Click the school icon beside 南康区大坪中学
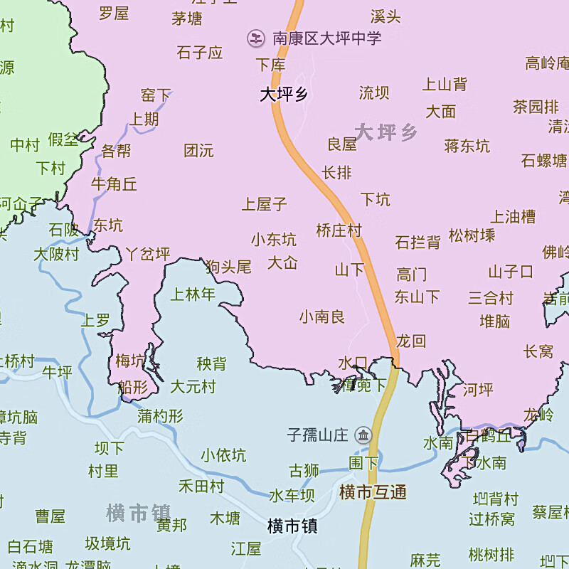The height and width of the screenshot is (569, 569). pos(255,37)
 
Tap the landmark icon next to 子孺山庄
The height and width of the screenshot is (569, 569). pos(363,435)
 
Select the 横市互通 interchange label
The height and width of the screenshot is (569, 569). pos(373,492)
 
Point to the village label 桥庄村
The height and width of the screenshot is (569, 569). pos(339,230)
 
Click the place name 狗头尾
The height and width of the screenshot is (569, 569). pos(228,267)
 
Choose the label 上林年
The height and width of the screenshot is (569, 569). pos(193,294)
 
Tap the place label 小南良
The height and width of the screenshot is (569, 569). pos(322,317)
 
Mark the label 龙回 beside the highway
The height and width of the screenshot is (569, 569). pos(411,341)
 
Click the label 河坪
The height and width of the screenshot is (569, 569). pos(478,390)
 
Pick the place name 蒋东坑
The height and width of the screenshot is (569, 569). pos(467,147)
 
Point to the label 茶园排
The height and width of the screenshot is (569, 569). pos(536,107)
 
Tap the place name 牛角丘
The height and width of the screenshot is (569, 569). pos(114,184)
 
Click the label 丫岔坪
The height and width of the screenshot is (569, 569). pos(148,254)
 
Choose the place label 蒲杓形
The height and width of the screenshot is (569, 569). pos(161,416)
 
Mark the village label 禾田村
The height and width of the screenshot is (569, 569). pos(201,486)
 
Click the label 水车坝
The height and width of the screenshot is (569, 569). pos(292,496)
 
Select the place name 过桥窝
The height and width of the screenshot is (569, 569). pos(491,519)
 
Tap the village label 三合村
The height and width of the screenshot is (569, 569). pos(490,297)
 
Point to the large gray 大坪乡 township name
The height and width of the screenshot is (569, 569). pos(386,132)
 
